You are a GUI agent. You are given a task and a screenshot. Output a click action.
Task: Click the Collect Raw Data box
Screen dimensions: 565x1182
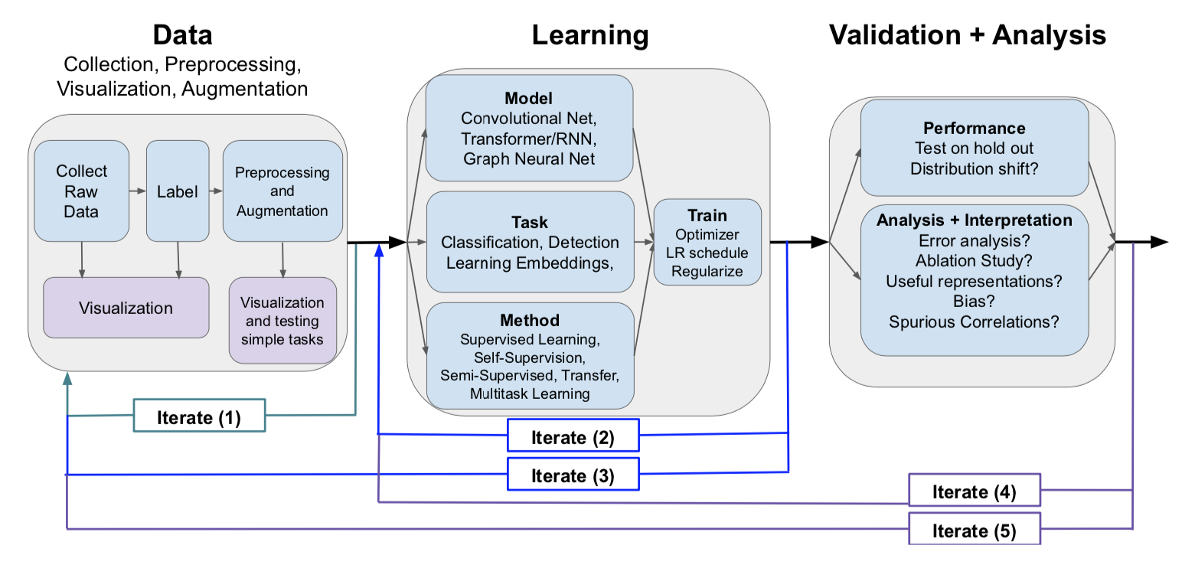pos(81,191)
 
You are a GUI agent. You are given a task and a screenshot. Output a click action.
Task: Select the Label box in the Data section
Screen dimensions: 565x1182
pos(177,191)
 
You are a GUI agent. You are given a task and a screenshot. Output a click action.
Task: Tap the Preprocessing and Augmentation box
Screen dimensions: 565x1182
pos(282,191)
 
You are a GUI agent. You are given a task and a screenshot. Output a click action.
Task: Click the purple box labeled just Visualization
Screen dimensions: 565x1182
pos(126,308)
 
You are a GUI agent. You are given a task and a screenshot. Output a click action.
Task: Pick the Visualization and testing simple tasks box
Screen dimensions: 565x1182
pos(282,321)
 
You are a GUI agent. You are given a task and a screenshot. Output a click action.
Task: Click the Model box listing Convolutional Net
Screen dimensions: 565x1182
pos(529,129)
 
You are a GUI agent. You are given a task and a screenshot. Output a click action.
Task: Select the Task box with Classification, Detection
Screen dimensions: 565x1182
pos(530,242)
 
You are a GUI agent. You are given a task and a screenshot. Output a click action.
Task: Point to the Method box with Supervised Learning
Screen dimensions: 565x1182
pos(530,356)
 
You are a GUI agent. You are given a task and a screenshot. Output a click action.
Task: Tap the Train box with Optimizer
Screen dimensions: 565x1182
pos(707,242)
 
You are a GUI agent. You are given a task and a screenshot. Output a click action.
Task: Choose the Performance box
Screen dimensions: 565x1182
pos(974,148)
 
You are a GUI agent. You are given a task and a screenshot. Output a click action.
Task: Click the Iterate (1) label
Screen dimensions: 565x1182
pos(199,416)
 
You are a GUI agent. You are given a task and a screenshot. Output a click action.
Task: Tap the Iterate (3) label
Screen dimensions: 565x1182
pos(572,475)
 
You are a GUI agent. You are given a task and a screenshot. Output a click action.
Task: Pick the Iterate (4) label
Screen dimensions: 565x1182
pos(974,492)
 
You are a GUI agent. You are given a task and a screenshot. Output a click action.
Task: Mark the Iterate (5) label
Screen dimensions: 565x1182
pos(974,530)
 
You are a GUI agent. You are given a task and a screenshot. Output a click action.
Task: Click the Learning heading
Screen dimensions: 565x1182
pos(589,35)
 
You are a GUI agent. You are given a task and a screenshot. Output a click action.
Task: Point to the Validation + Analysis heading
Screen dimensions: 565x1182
pos(968,35)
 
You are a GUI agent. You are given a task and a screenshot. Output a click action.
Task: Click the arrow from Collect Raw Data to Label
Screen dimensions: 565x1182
pos(137,191)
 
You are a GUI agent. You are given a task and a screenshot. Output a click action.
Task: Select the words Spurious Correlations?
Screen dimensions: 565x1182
pos(974,322)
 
